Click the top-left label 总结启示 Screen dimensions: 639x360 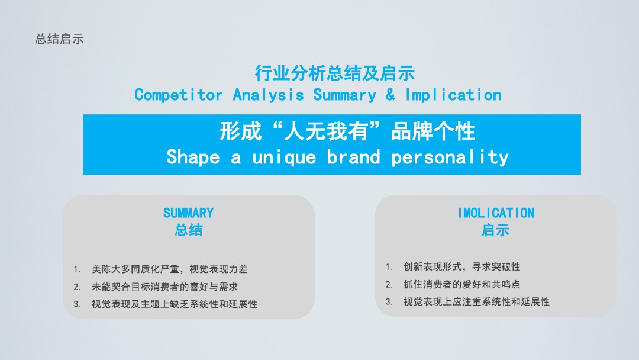point(60,39)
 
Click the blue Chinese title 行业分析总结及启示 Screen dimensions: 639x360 point(334,73)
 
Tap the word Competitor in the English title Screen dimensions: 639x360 point(179,95)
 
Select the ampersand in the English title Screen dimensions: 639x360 point(390,95)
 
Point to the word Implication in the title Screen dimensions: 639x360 point(453,95)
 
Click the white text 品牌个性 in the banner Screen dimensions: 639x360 point(433,131)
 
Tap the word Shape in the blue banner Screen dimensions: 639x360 point(193,157)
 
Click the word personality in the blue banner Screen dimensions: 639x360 point(450,157)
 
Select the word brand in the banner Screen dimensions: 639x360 point(353,157)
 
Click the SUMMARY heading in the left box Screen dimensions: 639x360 point(188,213)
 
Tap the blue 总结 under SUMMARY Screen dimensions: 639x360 point(189,230)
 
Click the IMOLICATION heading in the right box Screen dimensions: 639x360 point(496,213)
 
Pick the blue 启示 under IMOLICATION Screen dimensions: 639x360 point(496,230)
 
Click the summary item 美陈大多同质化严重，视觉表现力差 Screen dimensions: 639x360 point(170,269)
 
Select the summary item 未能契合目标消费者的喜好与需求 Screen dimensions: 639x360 point(164,287)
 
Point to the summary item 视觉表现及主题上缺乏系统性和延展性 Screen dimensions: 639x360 point(175,304)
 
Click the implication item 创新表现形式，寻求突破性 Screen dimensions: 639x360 point(461,266)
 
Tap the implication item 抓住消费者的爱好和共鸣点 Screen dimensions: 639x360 point(461,284)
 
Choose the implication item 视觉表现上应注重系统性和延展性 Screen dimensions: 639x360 point(476,302)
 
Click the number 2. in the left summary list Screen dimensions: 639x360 point(77,287)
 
